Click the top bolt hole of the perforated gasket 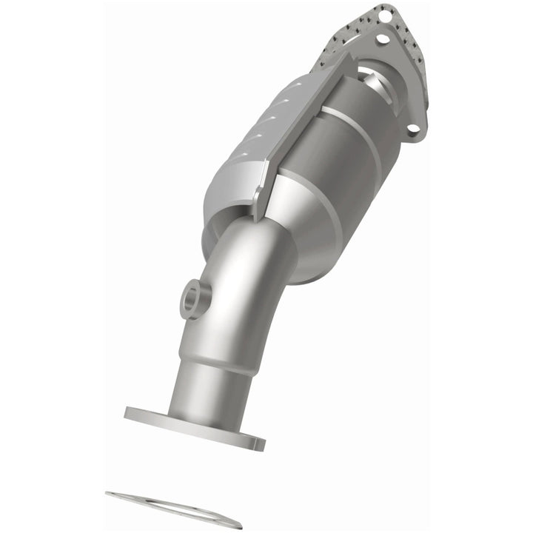383,13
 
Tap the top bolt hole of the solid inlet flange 383,37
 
